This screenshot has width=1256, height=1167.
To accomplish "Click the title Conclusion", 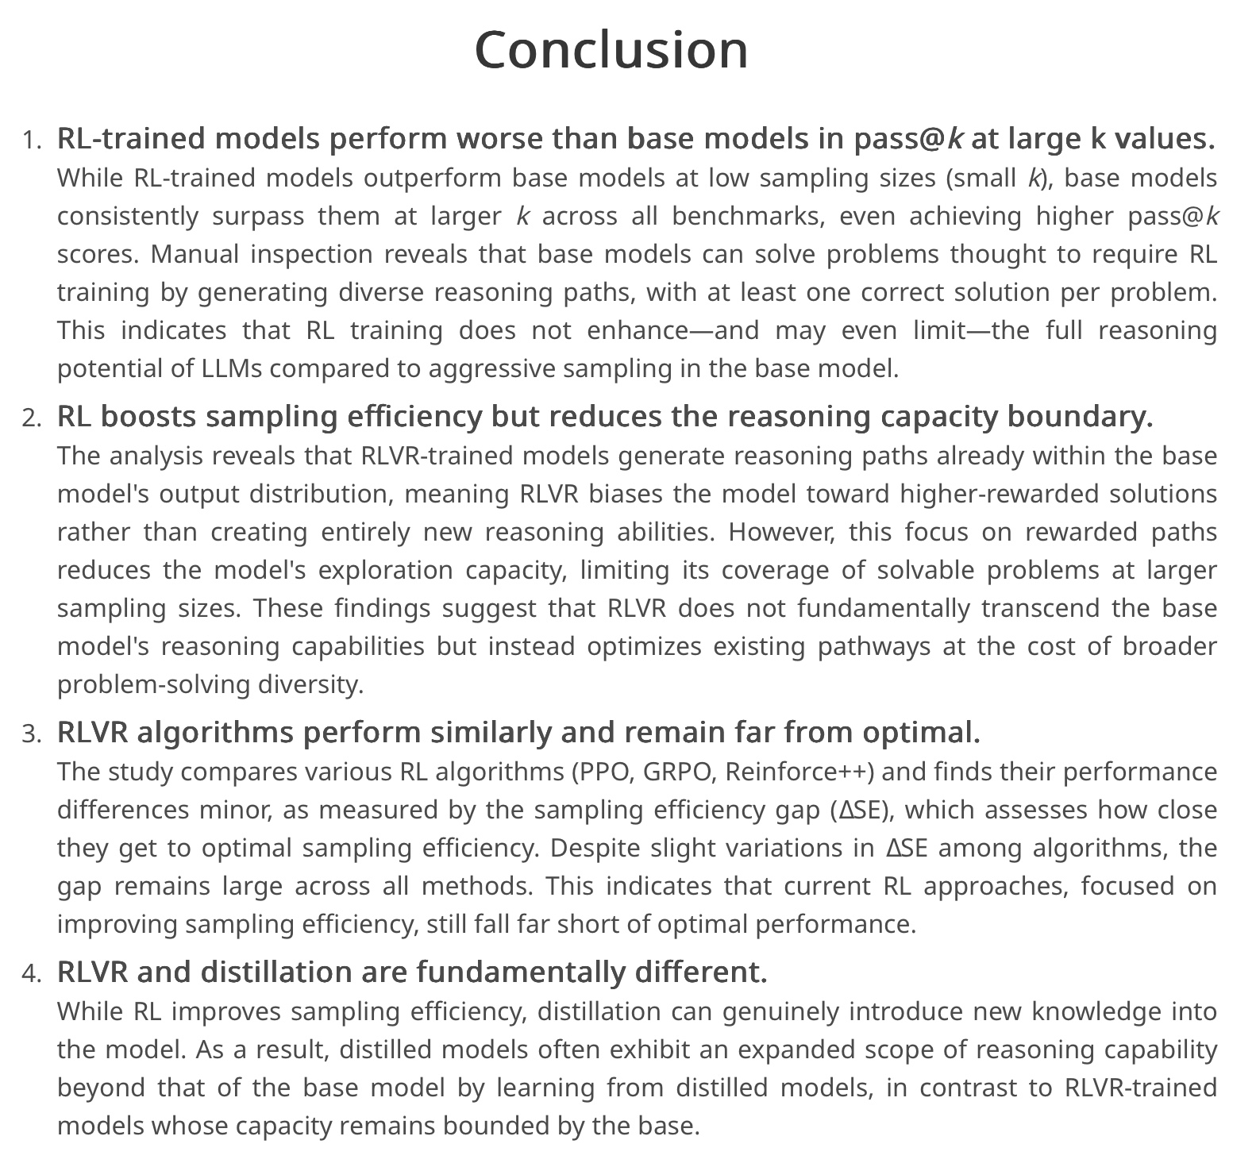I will pos(611,50).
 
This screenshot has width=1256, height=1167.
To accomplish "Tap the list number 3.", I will pos(31,734).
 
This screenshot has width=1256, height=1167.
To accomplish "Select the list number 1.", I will pos(31,141).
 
